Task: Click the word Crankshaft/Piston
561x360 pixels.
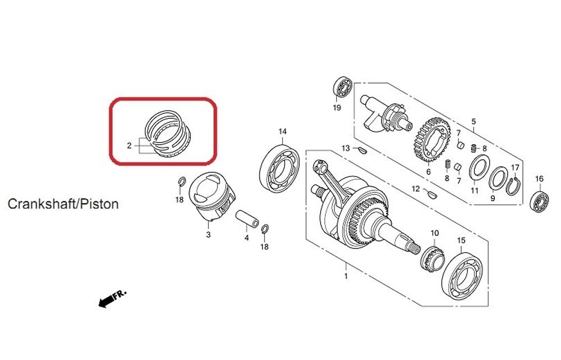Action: (x=63, y=204)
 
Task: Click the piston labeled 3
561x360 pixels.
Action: (x=211, y=197)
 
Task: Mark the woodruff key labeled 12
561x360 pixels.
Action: (x=431, y=194)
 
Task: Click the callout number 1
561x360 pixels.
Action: (x=346, y=276)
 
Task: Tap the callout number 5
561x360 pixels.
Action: (x=473, y=121)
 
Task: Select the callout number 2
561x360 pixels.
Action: (x=129, y=146)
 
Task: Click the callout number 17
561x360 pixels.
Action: (x=515, y=167)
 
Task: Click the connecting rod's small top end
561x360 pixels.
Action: (x=319, y=166)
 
